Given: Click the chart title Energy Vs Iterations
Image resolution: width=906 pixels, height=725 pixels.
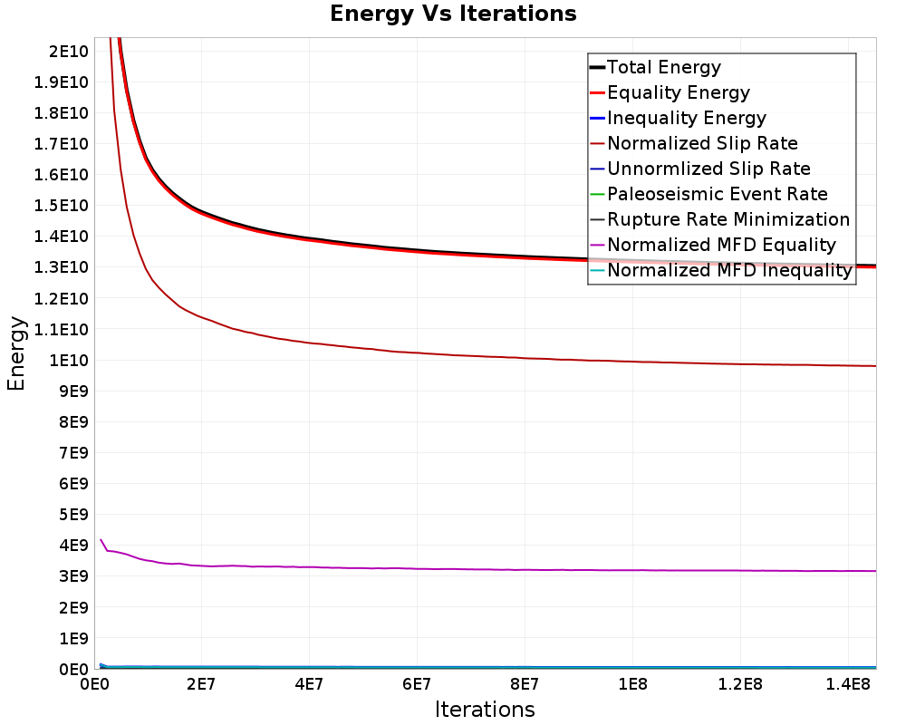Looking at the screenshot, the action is [453, 14].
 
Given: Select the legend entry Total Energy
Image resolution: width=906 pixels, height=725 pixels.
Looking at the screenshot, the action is [655, 67].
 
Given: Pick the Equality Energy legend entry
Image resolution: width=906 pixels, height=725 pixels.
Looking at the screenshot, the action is [670, 92].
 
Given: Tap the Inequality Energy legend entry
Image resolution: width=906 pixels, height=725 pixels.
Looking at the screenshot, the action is [679, 118].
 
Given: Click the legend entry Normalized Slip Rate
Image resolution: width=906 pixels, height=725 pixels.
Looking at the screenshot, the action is [694, 143].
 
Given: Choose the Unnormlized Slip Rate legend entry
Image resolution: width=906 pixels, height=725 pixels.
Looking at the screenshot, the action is [700, 169].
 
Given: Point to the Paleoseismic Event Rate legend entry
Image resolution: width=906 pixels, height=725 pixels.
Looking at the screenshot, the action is [709, 194].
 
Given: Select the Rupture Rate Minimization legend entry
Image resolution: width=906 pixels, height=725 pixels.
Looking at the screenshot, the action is [720, 219].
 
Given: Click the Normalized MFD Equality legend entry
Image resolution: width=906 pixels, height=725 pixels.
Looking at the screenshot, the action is [713, 245].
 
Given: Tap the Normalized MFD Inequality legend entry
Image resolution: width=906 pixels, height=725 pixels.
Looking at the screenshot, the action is [721, 271].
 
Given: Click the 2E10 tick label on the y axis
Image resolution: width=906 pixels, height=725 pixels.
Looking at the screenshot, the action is [69, 52].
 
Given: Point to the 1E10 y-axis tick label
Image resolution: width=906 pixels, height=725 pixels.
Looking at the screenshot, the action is [69, 360].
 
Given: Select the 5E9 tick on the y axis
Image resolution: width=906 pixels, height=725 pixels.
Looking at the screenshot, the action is [73, 515].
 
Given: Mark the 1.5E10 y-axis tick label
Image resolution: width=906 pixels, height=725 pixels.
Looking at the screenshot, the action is [62, 206].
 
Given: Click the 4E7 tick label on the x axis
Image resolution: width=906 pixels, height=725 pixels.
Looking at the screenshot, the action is [309, 684].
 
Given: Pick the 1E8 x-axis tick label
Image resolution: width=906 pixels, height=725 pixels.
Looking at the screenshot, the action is [632, 684].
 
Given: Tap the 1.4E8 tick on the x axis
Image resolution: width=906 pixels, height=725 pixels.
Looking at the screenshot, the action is [848, 684].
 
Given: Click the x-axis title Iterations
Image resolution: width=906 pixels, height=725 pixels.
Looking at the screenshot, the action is [485, 710].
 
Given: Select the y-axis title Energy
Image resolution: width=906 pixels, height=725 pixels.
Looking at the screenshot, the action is [16, 353].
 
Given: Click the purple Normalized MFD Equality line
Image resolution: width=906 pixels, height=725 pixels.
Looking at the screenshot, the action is [488, 569].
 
